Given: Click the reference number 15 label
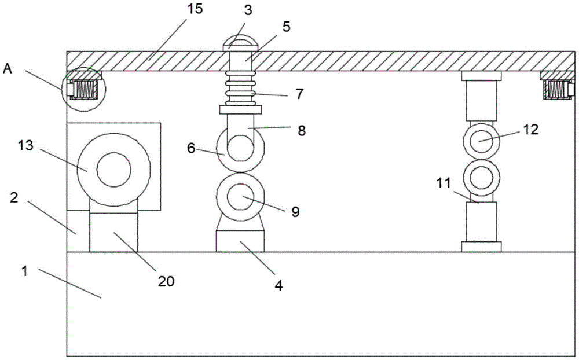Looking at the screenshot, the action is click(195, 9).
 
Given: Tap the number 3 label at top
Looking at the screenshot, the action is click(248, 10).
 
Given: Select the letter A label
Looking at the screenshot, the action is click(8, 69).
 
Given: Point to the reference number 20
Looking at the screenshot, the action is click(166, 281).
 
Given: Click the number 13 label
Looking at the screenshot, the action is click(26, 145).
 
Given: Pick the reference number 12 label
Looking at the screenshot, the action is click(531, 129).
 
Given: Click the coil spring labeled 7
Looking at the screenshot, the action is click(240, 88).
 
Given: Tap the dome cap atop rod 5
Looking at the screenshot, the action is click(240, 43).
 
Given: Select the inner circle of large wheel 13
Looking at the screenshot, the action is click(113, 170).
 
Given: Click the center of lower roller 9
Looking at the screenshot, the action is click(240, 197).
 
